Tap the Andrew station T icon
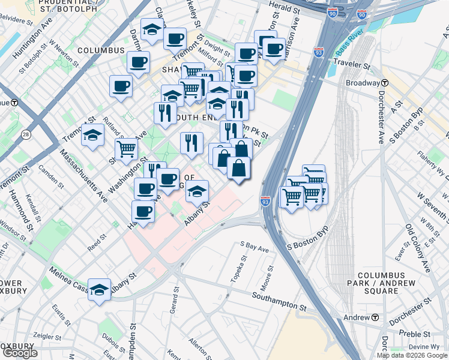(x=375, y=317)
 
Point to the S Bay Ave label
(x=255, y=245)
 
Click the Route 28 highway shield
(x=25, y=134)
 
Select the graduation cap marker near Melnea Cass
(x=100, y=289)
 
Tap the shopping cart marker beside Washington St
(x=127, y=148)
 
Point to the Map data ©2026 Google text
(x=412, y=355)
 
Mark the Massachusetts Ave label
(x=83, y=175)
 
